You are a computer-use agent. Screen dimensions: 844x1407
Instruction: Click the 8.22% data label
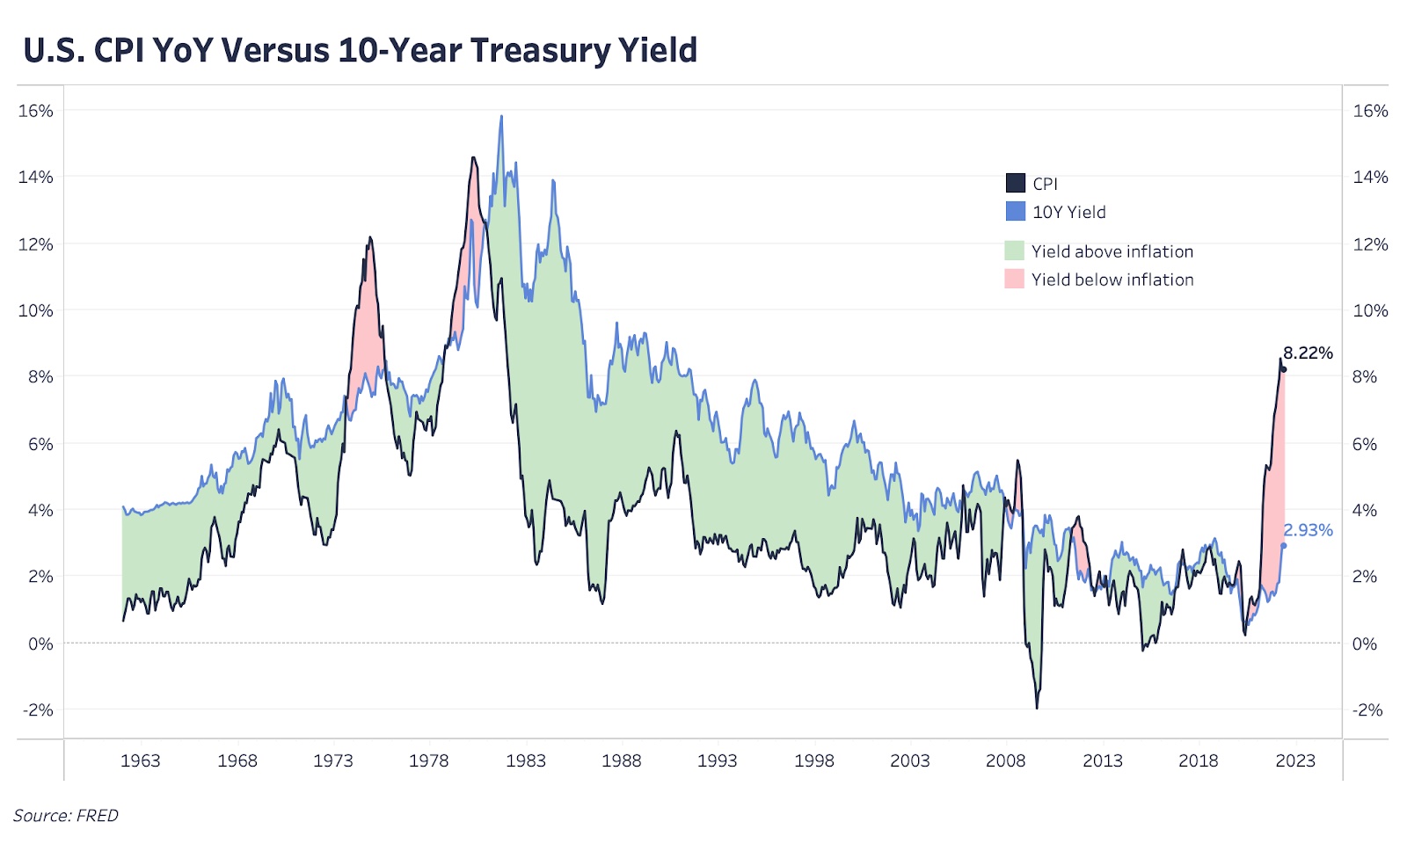click(x=1308, y=353)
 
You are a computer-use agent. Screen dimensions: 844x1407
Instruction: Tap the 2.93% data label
click(x=1308, y=530)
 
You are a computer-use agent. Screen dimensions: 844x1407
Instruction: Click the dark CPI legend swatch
click(x=1015, y=183)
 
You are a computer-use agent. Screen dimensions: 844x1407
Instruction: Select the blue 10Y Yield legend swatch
click(x=1015, y=211)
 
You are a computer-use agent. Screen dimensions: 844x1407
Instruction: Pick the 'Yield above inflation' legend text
click(x=1112, y=251)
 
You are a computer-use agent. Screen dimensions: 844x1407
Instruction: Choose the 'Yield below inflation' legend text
click(x=1112, y=280)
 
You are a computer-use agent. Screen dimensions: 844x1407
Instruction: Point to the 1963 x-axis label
click(x=140, y=760)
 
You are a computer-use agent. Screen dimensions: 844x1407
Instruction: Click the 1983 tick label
click(x=525, y=760)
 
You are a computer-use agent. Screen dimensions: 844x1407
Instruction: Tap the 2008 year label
click(x=1005, y=760)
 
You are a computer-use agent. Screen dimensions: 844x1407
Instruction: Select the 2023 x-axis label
click(x=1295, y=760)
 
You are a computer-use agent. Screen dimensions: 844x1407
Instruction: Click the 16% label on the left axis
click(x=35, y=111)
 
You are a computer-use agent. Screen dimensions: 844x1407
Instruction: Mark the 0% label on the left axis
click(x=40, y=644)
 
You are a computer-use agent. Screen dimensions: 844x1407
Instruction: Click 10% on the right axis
click(x=1370, y=310)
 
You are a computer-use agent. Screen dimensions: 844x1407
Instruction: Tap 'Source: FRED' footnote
click(x=66, y=816)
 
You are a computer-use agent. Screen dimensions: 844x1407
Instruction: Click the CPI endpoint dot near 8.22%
click(x=1284, y=369)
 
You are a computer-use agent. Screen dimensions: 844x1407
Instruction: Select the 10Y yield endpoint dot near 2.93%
click(x=1284, y=546)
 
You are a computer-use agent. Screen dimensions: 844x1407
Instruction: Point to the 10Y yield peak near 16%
click(x=501, y=117)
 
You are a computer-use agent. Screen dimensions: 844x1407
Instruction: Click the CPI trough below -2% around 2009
click(x=1037, y=708)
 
